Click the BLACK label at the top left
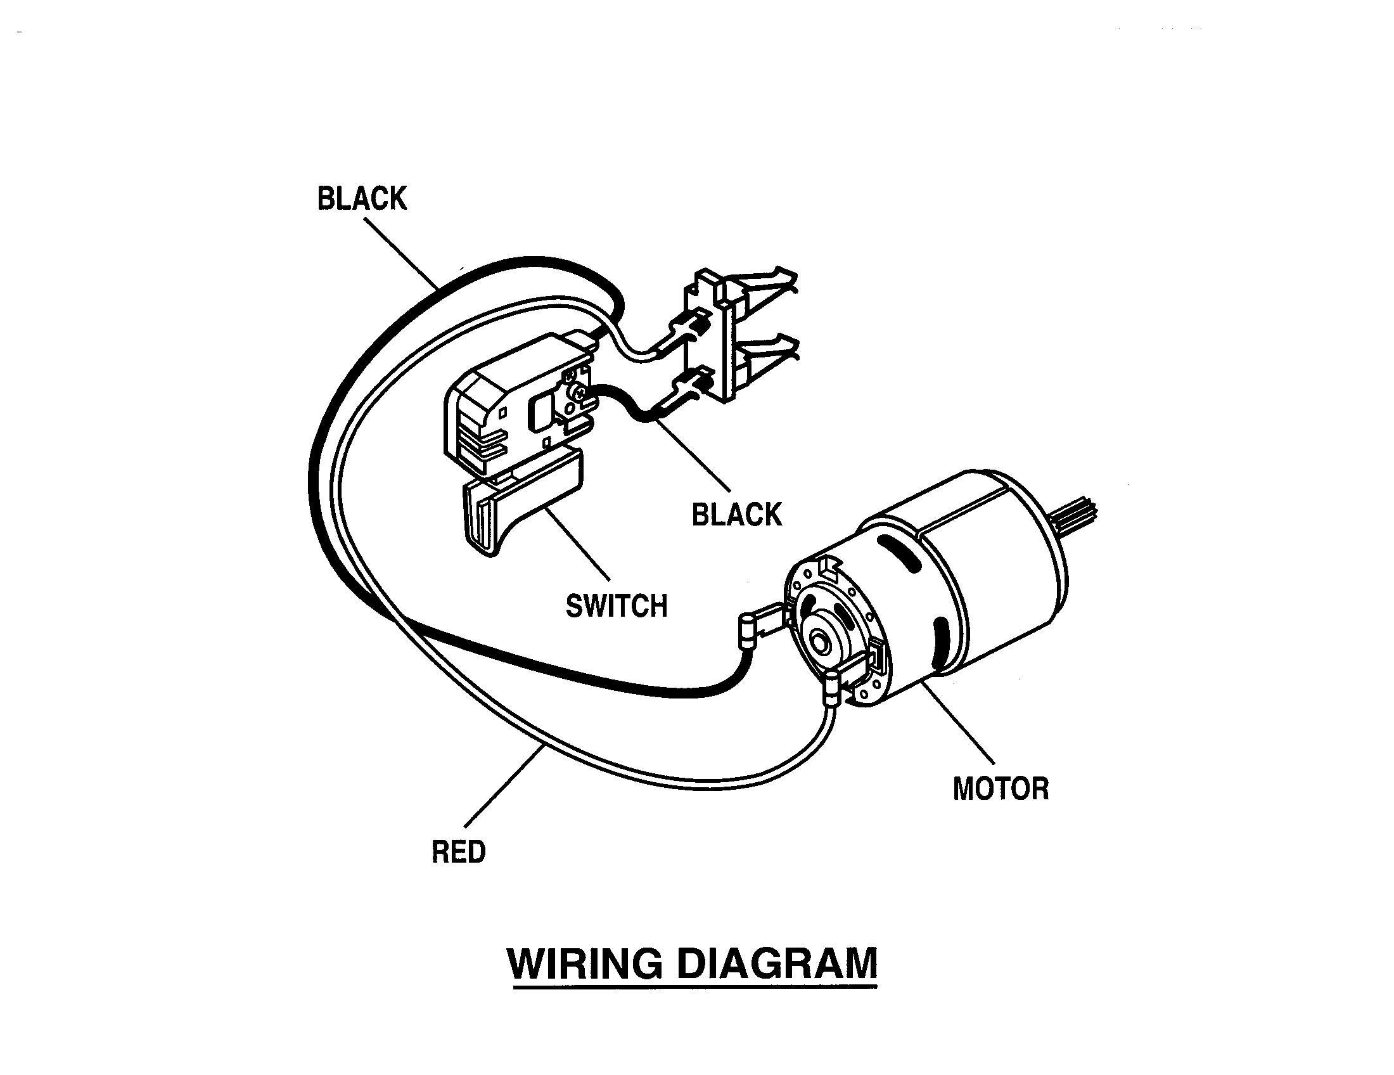362,199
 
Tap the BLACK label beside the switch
736,515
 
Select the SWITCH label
617,607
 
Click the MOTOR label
1001,789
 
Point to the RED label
459,853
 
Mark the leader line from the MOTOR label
957,721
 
